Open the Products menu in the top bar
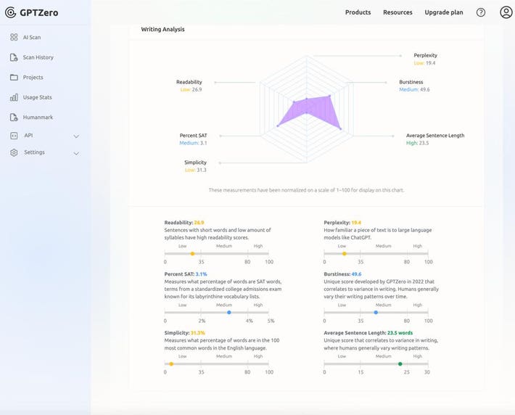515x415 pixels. coord(358,12)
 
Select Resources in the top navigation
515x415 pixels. coord(397,12)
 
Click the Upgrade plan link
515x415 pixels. coord(443,12)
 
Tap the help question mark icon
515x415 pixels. coord(481,12)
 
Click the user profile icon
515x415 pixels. coord(506,12)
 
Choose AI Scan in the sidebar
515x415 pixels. coord(32,37)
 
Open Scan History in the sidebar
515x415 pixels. coord(38,57)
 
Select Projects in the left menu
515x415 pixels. coord(33,78)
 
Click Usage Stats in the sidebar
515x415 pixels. coord(38,97)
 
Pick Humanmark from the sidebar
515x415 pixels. coord(38,118)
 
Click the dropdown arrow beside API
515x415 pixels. coord(76,136)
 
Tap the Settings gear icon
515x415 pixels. coord(14,152)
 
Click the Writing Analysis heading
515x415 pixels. coord(162,30)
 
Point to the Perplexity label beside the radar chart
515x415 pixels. coord(425,55)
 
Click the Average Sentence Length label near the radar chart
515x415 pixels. coord(434,136)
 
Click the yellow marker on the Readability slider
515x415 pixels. coord(192,253)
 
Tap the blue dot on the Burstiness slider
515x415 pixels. coord(375,312)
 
